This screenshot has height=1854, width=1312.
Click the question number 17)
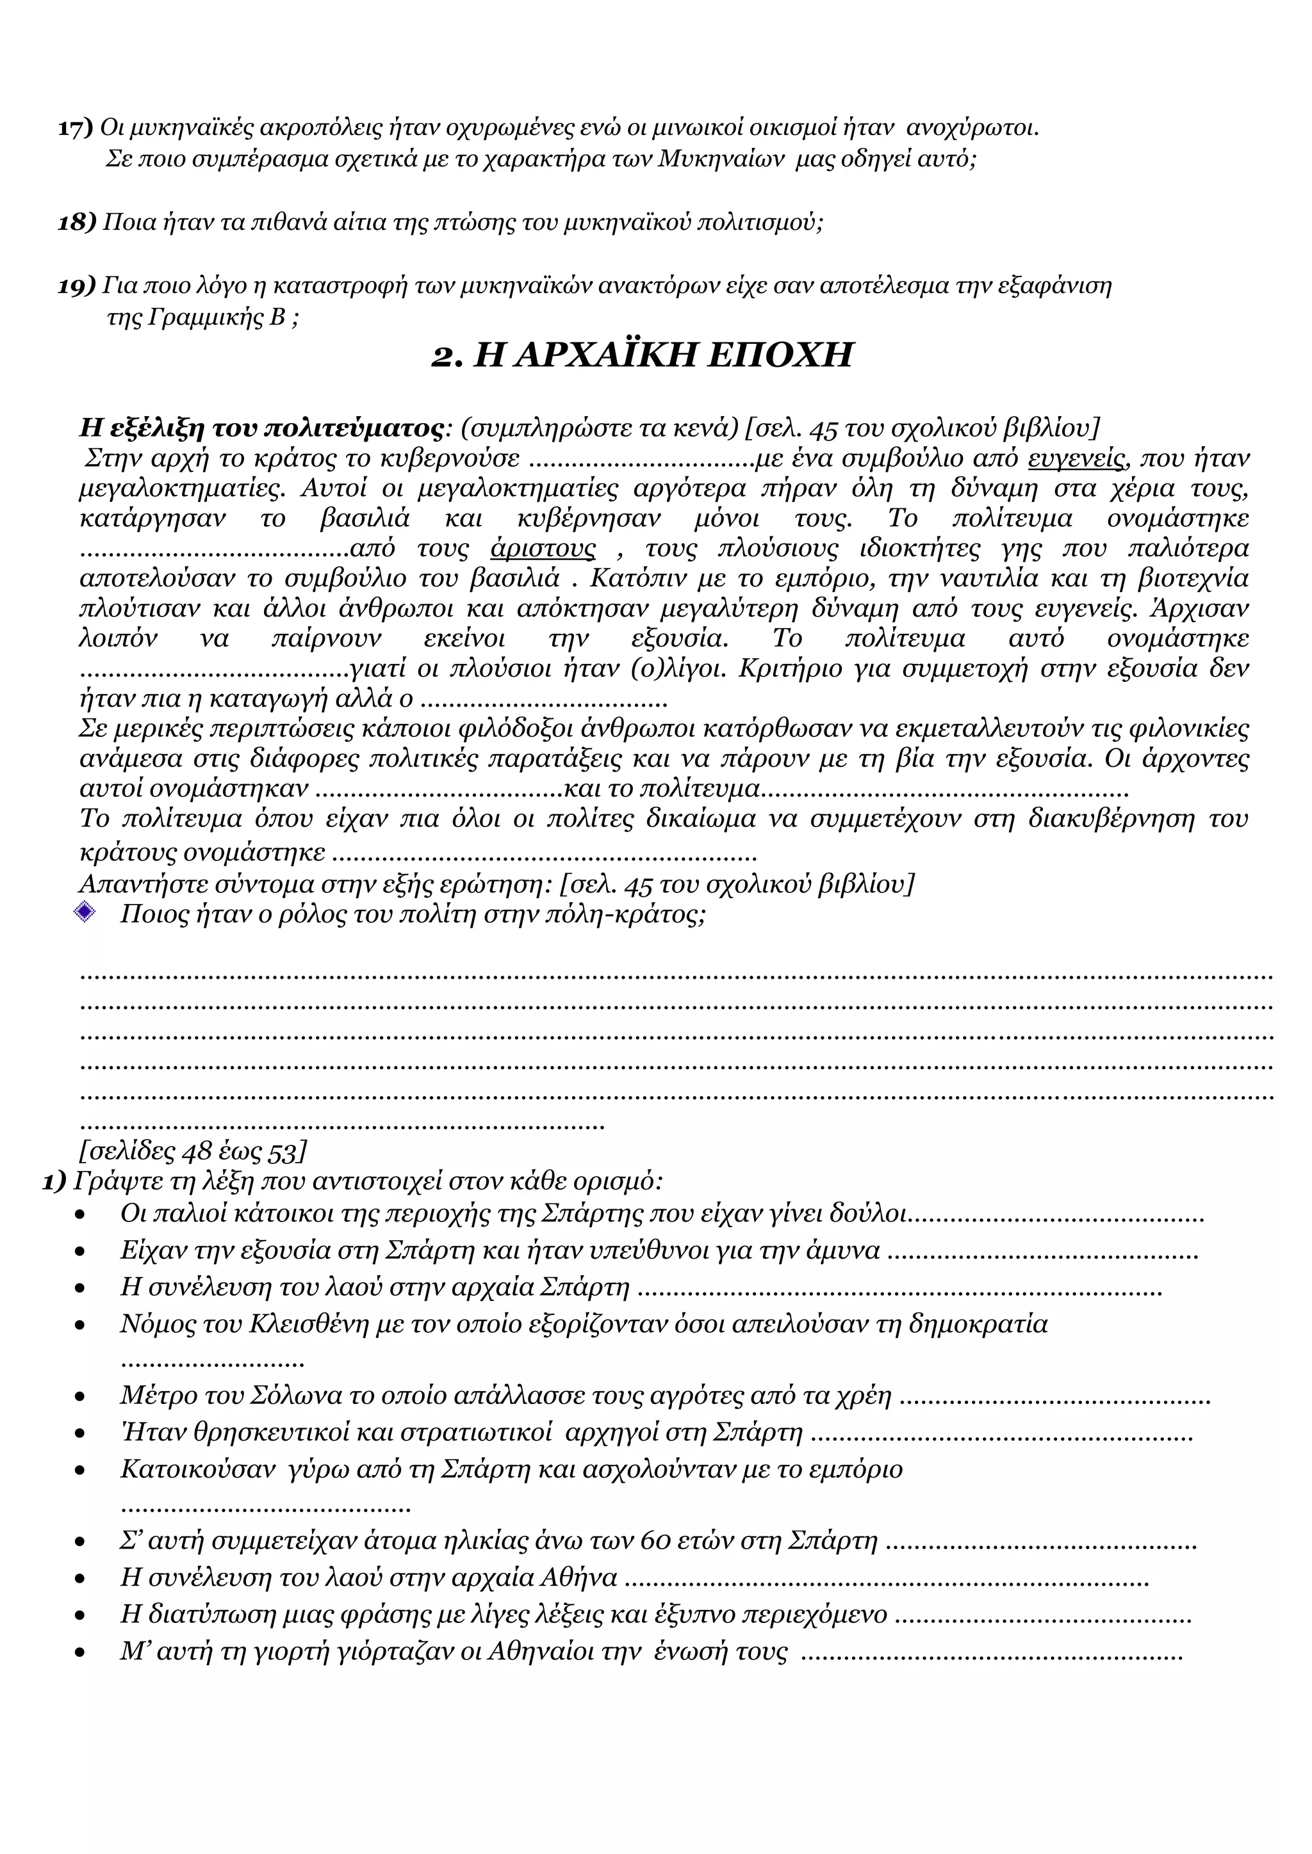pyautogui.click(x=75, y=127)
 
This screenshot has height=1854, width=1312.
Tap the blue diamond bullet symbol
pyautogui.click(x=84, y=912)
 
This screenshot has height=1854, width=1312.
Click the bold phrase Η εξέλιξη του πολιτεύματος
pyautogui.click(x=260, y=428)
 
